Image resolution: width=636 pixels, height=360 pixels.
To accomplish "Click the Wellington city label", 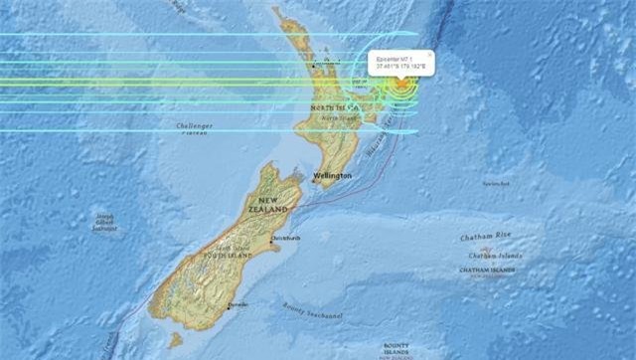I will pos(332,176).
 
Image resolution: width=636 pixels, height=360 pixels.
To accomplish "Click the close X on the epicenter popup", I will pos(429,54).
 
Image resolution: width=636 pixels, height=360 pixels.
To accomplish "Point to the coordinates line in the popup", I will pos(399,67).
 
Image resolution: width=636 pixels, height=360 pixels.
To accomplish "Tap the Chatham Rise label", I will pos(485,239).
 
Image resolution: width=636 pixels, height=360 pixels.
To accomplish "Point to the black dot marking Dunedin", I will pos(227,306).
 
